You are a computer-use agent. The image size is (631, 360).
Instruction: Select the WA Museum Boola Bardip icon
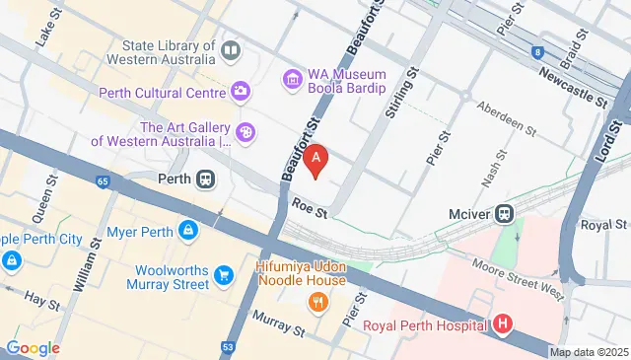pyautogui.click(x=291, y=77)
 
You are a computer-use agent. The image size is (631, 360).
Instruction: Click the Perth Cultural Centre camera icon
pyautogui.click(x=240, y=92)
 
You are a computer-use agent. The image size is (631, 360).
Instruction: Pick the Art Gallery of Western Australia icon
pyautogui.click(x=245, y=132)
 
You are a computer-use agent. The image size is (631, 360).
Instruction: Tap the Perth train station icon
pyautogui.click(x=205, y=180)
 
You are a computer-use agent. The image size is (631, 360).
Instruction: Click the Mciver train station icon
pyautogui.click(x=504, y=211)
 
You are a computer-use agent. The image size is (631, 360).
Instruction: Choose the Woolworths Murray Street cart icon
pyautogui.click(x=226, y=275)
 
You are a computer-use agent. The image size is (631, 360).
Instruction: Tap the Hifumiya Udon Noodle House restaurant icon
pyautogui.click(x=316, y=302)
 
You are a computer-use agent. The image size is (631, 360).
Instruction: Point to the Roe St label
pyautogui.click(x=309, y=206)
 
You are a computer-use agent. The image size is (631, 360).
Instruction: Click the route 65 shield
pyautogui.click(x=103, y=180)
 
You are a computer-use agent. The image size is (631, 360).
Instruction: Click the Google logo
pyautogui.click(x=33, y=347)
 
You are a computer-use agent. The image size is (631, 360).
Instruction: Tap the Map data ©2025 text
pyautogui.click(x=588, y=352)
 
